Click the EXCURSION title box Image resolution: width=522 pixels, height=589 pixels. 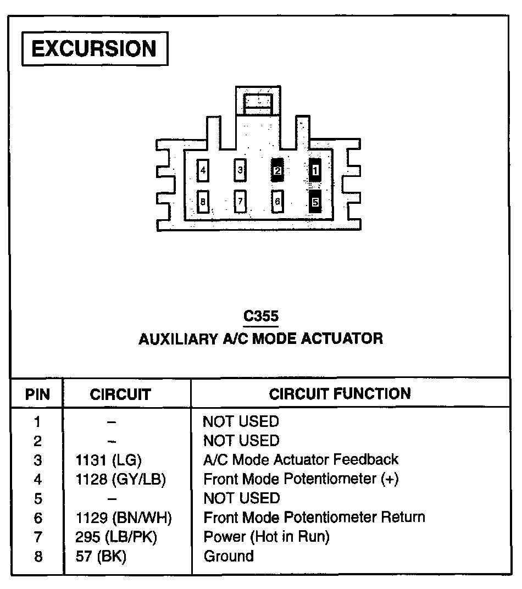[94, 49]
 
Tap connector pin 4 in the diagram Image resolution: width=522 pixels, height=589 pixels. [203, 170]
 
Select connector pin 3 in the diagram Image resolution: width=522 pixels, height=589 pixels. [240, 170]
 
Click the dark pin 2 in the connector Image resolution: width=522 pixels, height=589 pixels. [277, 171]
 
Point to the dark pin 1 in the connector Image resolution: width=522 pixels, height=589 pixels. [315, 171]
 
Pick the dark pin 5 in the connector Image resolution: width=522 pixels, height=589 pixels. [315, 202]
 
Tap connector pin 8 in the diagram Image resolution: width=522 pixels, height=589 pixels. [203, 202]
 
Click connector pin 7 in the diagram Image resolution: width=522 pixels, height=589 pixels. [240, 202]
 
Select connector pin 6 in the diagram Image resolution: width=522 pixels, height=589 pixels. [277, 202]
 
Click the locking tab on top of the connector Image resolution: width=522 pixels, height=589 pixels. [258, 102]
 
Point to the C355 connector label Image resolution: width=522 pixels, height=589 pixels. [261, 316]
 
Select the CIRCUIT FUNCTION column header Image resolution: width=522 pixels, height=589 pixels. [340, 394]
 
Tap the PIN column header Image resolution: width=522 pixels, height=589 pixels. [37, 394]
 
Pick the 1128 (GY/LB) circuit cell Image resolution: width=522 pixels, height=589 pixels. [120, 479]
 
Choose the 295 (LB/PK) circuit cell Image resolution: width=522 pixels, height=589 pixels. [116, 537]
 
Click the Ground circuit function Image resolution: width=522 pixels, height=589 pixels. [229, 556]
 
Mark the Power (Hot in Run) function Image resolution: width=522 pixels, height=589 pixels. [266, 537]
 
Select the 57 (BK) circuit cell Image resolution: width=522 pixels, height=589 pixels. [101, 556]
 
